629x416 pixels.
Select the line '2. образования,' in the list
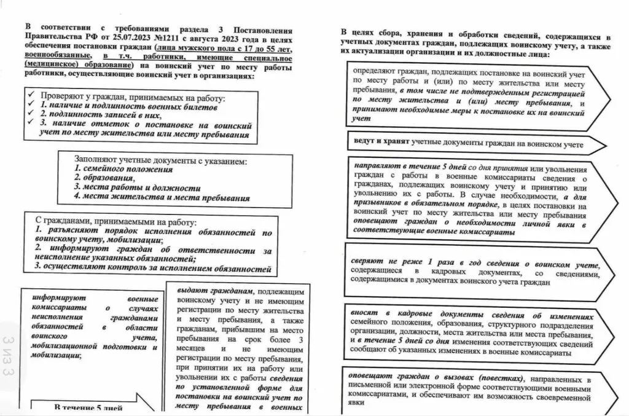pyautogui.click(x=99, y=178)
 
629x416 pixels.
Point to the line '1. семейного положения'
pyautogui.click(x=123, y=168)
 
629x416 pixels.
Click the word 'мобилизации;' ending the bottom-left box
pyautogui.click(x=56, y=355)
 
